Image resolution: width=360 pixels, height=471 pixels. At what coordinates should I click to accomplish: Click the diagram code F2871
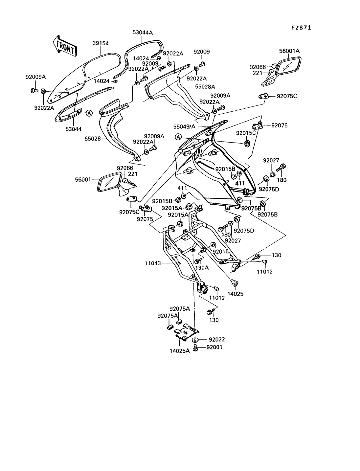pos(301,28)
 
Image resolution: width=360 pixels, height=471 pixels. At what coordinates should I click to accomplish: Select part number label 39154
pos(101,43)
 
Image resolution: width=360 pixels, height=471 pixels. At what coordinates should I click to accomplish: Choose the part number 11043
pos(153,263)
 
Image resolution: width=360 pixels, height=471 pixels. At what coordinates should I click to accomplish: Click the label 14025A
pos(180,351)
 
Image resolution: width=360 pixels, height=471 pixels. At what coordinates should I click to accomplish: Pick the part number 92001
pos(214,347)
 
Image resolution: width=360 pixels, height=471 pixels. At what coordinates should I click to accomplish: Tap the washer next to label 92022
pos(195,339)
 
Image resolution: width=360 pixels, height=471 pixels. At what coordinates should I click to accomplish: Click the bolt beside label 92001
pos(195,348)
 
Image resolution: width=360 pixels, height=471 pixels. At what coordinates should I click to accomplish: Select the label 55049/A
pos(184,126)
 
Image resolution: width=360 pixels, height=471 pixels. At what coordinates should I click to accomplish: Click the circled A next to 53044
pos(89,113)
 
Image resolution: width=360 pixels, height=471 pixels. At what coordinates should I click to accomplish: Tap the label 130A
pos(202,268)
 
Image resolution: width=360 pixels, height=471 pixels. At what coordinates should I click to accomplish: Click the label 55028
pos(92,139)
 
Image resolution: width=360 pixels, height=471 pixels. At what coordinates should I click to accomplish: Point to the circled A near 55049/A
pos(178,136)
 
